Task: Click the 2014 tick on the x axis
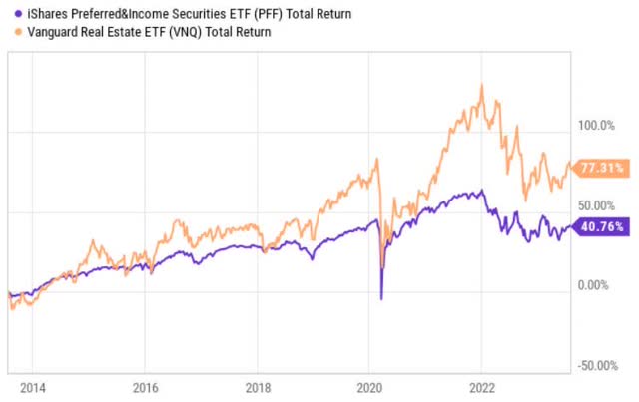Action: tap(33, 387)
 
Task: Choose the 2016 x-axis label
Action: tap(146, 387)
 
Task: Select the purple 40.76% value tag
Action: tap(602, 226)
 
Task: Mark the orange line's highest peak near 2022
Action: tap(482, 85)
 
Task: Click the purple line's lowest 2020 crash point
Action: tap(381, 299)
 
